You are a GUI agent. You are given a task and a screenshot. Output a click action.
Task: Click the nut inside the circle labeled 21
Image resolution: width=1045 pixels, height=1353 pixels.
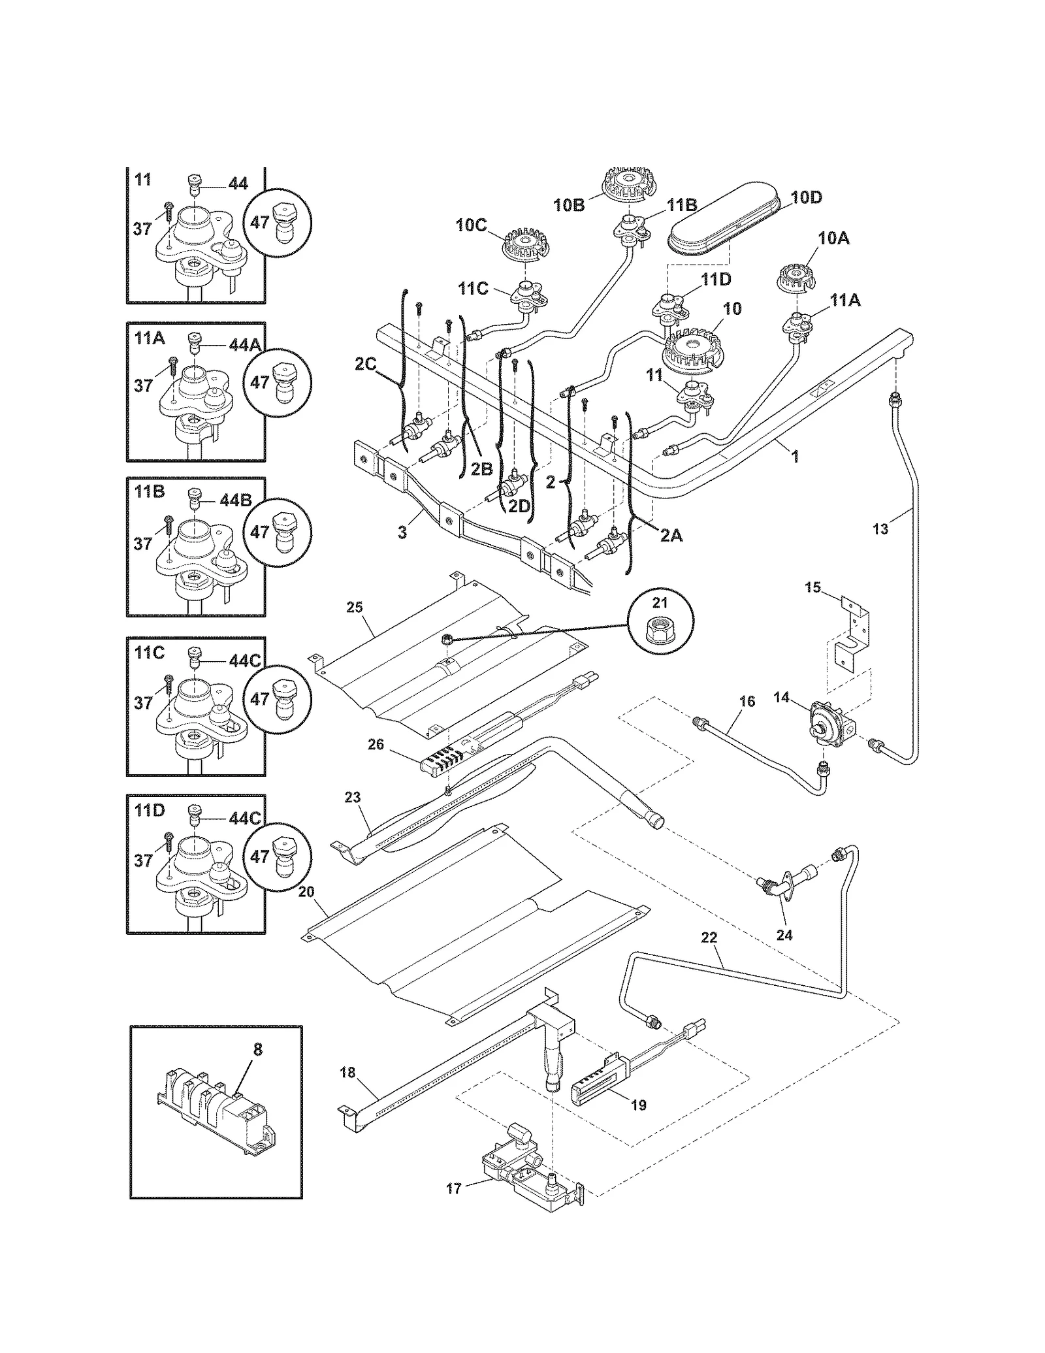(661, 621)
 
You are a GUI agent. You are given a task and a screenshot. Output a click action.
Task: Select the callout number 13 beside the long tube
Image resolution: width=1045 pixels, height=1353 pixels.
(881, 529)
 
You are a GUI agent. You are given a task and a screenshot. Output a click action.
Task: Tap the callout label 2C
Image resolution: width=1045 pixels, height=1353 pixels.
(366, 363)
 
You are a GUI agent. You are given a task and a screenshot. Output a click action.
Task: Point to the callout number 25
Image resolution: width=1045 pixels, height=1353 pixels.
(354, 608)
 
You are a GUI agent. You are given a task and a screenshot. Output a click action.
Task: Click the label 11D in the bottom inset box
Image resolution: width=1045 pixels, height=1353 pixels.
(150, 810)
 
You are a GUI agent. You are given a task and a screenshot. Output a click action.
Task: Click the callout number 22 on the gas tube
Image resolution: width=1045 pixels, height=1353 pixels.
(709, 938)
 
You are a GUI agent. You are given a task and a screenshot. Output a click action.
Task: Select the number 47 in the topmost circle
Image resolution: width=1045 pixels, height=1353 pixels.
(260, 223)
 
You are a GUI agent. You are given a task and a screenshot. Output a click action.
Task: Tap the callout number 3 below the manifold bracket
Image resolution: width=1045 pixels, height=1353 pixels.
(402, 532)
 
